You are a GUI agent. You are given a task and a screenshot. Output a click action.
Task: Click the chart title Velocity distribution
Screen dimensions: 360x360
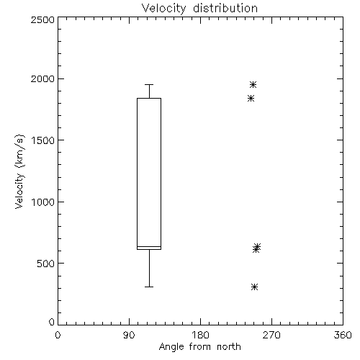coord(199,9)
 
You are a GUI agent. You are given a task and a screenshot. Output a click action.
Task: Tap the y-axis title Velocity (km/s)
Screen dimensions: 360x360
coord(19,171)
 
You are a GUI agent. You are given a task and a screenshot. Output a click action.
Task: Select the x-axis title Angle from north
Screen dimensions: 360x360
coord(199,347)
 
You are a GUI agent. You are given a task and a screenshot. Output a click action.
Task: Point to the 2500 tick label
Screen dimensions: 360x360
coord(42,19)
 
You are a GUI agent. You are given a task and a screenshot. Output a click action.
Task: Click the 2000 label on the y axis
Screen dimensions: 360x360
coord(42,78)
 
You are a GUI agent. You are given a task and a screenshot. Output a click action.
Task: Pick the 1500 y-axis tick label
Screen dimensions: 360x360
coord(43,140)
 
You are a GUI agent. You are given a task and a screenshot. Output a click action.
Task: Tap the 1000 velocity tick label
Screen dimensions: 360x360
coord(43,202)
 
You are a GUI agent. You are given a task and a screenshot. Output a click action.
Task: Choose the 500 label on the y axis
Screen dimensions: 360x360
coord(46,264)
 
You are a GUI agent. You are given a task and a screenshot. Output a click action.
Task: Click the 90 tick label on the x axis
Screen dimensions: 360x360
coord(129,335)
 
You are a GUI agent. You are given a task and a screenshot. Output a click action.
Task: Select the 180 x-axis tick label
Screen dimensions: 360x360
coord(200,335)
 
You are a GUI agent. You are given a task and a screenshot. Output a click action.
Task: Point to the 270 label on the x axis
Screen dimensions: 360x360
coord(271,335)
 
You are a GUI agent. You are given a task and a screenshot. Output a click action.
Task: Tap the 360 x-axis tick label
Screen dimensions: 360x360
coord(343,335)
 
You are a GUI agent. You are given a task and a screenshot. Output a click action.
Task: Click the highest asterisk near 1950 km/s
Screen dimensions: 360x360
coord(253,85)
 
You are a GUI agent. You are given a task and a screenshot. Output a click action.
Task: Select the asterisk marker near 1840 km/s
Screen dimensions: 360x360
coord(251,99)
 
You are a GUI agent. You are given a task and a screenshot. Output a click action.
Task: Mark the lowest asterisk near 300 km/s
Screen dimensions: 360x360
coord(254,287)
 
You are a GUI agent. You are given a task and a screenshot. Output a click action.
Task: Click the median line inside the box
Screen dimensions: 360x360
coord(149,246)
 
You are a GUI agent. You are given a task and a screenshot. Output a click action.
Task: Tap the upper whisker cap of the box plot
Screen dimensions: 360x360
coord(149,84)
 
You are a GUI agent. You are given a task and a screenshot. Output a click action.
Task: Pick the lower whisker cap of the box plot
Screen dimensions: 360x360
coord(149,287)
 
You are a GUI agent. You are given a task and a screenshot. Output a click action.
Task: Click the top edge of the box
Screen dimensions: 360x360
coord(149,98)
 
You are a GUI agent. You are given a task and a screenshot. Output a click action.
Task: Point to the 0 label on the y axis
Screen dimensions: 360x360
coord(52,322)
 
